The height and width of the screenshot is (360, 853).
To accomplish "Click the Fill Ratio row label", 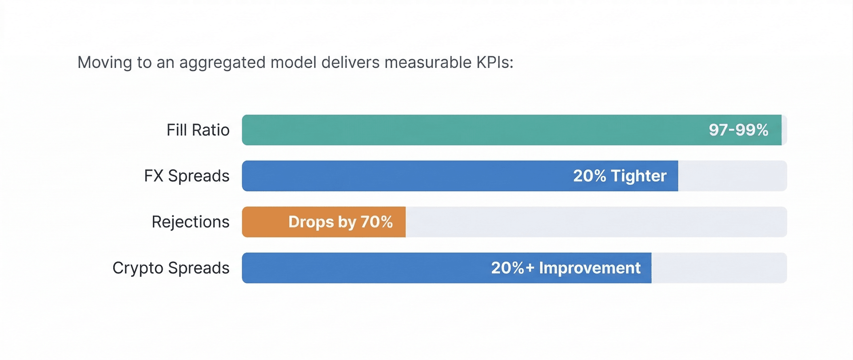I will point(198,130).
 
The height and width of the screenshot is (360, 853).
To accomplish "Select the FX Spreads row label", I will point(187,176).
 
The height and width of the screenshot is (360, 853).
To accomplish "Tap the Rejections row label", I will point(190,222).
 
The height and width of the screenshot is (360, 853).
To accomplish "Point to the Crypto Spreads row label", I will point(171,268).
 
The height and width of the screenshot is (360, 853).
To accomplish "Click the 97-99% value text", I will point(738,130).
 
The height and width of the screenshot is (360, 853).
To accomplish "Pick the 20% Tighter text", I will point(620,176).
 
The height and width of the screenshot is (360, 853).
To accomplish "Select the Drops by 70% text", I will point(340,222).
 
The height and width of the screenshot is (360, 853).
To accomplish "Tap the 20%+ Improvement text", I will point(566,268).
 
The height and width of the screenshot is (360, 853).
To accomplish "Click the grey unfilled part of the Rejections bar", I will point(595,222).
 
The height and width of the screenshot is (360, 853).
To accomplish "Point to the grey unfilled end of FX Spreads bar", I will point(732,176).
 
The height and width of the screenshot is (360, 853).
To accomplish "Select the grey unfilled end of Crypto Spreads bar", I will point(719,268).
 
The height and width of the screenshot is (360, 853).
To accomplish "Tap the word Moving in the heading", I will point(105,63).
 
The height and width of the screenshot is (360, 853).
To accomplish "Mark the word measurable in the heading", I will point(428,63).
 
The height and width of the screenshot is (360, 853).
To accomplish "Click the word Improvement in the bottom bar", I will point(590,268).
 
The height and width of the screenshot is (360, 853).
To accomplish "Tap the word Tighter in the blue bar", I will point(638,176).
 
